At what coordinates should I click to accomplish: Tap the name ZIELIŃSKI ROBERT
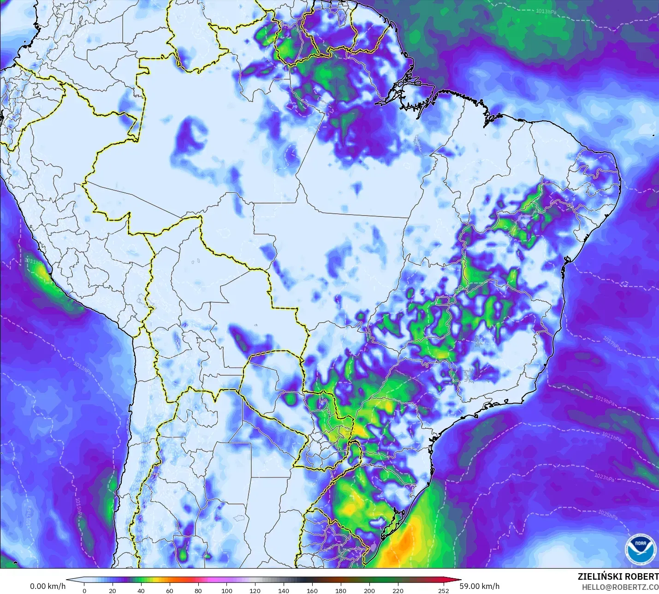pyautogui.click(x=618, y=576)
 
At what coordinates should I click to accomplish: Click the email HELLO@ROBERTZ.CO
pyautogui.click(x=620, y=587)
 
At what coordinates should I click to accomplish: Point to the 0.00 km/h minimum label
pyautogui.click(x=47, y=586)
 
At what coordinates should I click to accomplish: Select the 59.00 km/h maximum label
pyautogui.click(x=479, y=586)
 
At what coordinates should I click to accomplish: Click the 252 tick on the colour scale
pyautogui.click(x=444, y=591)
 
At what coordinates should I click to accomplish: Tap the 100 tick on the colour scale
pyautogui.click(x=227, y=591)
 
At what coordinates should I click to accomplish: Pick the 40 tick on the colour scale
pyautogui.click(x=141, y=591)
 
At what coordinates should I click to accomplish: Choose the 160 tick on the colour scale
pyautogui.click(x=312, y=591)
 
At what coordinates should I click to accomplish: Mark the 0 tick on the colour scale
pyautogui.click(x=84, y=591)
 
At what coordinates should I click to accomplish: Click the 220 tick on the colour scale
pyautogui.click(x=398, y=591)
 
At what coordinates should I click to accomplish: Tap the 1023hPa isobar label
pyautogui.click(x=605, y=477)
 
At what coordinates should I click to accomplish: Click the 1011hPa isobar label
pyautogui.click(x=35, y=261)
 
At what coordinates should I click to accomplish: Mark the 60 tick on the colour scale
pyautogui.click(x=170, y=591)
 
